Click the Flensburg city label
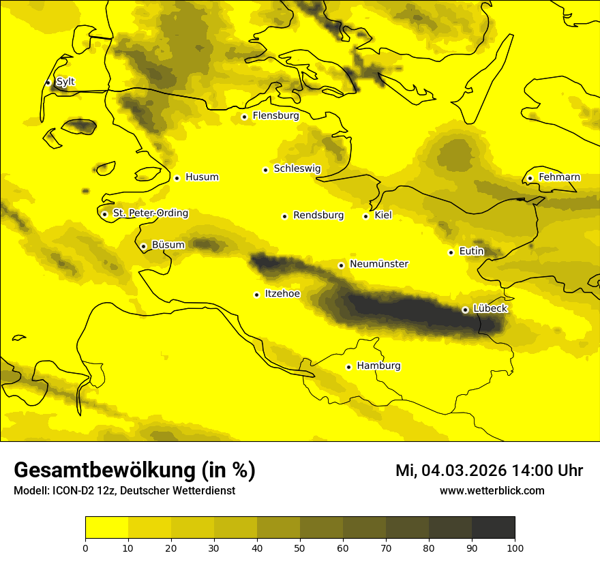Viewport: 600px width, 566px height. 275,116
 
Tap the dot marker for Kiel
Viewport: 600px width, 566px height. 366,216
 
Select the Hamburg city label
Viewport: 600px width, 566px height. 378,366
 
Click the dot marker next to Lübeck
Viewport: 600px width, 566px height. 465,310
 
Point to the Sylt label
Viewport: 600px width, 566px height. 65,82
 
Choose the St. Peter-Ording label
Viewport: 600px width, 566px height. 150,213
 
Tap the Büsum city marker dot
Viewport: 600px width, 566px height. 143,246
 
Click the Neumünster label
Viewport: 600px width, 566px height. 379,264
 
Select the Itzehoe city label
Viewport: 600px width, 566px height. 282,294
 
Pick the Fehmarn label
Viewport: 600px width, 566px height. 559,177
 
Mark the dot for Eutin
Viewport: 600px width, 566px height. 451,252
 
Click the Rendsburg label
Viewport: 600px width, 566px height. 318,215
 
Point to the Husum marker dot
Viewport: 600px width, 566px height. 177,178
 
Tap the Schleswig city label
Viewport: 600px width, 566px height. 297,168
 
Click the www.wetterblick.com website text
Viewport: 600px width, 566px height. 492,491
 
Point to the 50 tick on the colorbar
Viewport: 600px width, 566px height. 300,548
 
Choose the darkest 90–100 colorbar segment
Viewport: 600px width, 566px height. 493,528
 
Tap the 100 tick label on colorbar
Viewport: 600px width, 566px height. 515,548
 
